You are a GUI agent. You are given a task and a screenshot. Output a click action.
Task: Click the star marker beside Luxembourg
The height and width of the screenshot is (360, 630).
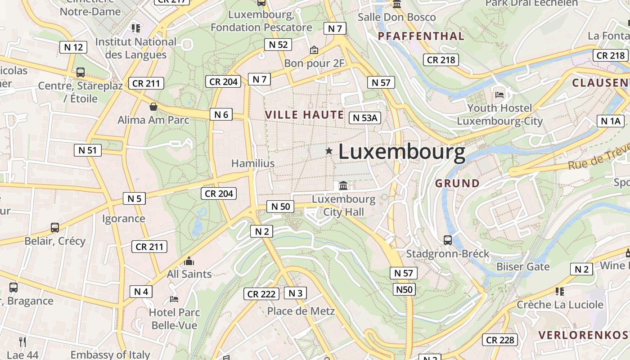pyautogui.click(x=329, y=151)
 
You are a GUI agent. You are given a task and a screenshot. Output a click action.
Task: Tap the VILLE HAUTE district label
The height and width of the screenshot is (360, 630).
pyautogui.click(x=305, y=115)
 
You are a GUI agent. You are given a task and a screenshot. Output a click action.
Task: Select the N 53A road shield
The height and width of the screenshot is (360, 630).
pyautogui.click(x=365, y=118)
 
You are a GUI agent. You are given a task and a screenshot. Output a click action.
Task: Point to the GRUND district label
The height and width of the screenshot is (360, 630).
pyautogui.click(x=457, y=183)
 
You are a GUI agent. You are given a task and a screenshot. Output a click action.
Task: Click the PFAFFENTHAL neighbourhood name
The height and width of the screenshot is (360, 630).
pyautogui.click(x=421, y=36)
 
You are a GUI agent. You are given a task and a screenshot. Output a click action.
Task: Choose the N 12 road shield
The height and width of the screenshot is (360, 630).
pyautogui.click(x=73, y=47)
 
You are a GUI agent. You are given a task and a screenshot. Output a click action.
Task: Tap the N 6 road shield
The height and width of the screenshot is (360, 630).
pyautogui.click(x=221, y=114)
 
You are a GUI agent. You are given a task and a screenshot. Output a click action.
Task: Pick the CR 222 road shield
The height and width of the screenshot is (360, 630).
pyautogui.click(x=261, y=294)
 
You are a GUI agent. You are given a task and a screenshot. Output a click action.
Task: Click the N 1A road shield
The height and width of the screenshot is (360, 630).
pyautogui.click(x=611, y=121)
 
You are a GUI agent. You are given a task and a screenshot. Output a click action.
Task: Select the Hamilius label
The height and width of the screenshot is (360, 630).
pyautogui.click(x=253, y=163)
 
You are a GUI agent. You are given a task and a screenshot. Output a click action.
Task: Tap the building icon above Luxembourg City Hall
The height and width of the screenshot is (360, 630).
pyautogui.click(x=343, y=185)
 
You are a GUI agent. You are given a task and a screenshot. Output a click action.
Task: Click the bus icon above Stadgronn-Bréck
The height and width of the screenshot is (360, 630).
pyautogui.click(x=448, y=240)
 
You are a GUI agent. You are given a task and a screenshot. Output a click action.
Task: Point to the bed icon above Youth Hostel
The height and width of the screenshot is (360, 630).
pyautogui.click(x=499, y=94)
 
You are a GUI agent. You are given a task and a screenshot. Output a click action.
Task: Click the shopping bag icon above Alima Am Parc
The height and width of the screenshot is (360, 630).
pyautogui.click(x=153, y=107)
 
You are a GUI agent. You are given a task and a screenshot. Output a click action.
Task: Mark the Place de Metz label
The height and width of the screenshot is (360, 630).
pyautogui.click(x=301, y=311)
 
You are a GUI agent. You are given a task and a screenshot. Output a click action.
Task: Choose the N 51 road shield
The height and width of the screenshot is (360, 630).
pyautogui.click(x=88, y=150)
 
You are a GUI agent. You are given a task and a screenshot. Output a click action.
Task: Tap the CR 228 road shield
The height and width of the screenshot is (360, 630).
pyautogui.click(x=499, y=340)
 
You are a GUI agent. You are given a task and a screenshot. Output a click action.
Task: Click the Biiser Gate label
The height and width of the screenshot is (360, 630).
pyautogui.click(x=523, y=266)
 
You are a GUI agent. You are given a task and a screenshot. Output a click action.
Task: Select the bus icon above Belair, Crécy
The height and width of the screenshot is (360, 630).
pyautogui.click(x=55, y=227)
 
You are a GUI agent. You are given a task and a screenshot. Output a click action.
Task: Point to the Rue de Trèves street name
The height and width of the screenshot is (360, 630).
pyautogui.click(x=598, y=158)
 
